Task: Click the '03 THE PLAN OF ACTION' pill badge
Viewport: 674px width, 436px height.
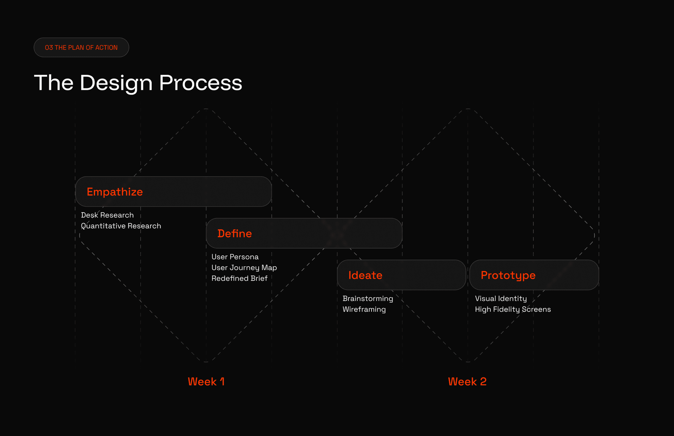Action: coord(81,47)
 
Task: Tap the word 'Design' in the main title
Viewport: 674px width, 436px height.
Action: coord(116,83)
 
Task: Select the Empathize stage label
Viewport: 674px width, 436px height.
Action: coord(115,192)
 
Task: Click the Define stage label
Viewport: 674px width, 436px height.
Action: coord(235,233)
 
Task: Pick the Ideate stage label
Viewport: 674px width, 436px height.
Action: coord(365,275)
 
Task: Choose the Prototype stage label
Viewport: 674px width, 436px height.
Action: coord(508,275)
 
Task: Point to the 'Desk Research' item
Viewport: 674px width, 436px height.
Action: coord(107,215)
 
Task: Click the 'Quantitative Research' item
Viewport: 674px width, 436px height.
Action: coord(121,226)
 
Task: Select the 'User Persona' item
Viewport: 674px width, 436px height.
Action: coord(235,257)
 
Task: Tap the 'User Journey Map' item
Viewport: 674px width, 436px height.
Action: coord(244,268)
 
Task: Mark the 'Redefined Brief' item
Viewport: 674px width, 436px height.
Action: coord(240,278)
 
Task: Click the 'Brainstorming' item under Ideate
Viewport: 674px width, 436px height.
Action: coord(368,299)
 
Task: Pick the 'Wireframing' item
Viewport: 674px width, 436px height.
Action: coord(364,309)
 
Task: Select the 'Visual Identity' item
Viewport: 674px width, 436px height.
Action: coord(501,299)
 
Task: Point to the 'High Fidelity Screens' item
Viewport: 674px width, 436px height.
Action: coord(513,309)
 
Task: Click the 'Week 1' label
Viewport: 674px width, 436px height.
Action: coord(206,382)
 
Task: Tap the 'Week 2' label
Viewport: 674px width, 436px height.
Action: coord(467,382)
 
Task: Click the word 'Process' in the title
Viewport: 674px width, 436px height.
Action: coord(201,83)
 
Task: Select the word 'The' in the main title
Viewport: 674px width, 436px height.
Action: coord(54,83)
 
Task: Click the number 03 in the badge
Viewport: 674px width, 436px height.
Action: coord(49,47)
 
